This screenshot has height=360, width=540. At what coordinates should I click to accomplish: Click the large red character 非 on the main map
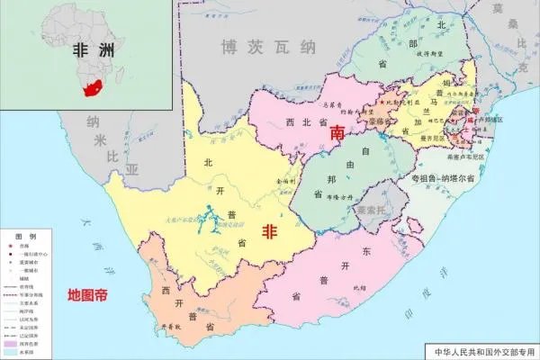click(268, 231)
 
